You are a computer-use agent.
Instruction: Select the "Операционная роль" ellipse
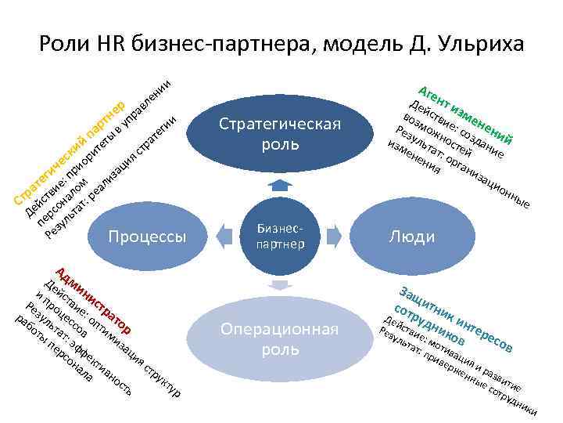pyautogui.click(x=280, y=338)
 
